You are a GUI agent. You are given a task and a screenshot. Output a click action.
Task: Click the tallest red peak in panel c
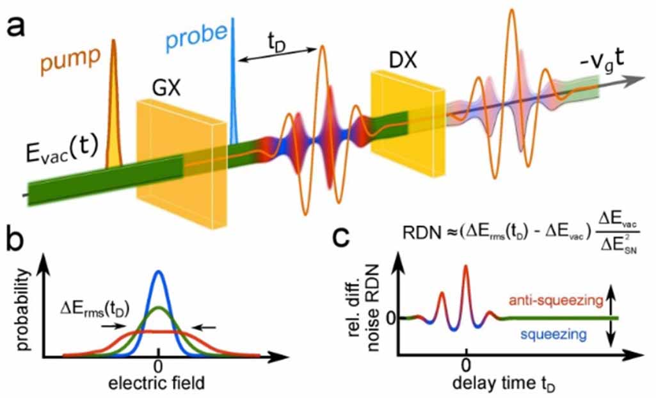(467, 267)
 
